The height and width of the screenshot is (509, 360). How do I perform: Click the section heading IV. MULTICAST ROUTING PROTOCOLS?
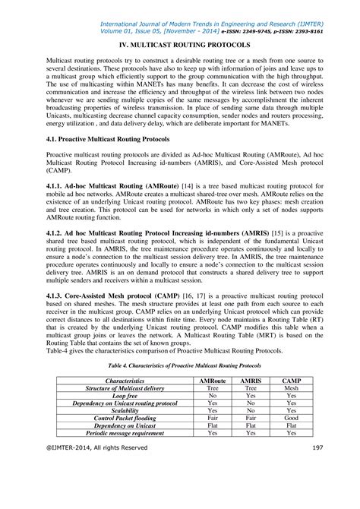pyautogui.click(x=179, y=44)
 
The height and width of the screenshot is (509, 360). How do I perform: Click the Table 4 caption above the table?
pyautogui.click(x=179, y=365)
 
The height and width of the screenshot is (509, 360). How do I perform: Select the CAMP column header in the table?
pyautogui.click(x=291, y=380)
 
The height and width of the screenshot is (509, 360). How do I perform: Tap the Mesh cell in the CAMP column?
pyautogui.click(x=291, y=387)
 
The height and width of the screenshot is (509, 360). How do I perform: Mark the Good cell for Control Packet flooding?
pyautogui.click(x=291, y=418)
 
